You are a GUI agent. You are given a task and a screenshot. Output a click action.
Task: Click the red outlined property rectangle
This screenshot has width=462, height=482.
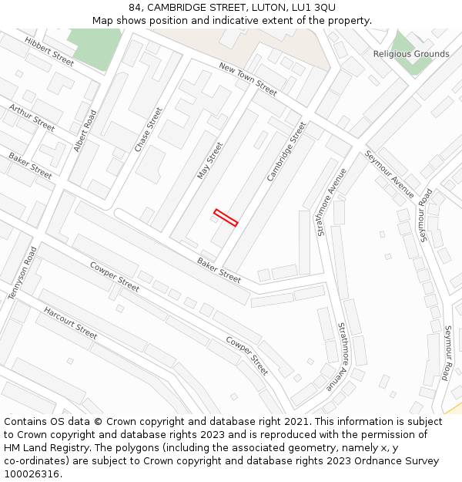click(x=226, y=217)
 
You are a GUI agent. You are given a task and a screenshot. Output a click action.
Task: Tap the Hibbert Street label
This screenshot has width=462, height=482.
click(x=49, y=50)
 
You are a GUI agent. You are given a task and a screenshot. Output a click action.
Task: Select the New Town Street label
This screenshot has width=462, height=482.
click(x=248, y=79)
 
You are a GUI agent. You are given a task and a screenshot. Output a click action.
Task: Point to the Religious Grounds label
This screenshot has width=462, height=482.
click(x=411, y=54)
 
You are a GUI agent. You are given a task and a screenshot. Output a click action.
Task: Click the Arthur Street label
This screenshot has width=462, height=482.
click(x=32, y=118)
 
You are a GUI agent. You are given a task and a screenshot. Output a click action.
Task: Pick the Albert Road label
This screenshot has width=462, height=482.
click(x=85, y=130)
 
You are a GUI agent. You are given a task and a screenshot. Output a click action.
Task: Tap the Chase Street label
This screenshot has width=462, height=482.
click(x=149, y=129)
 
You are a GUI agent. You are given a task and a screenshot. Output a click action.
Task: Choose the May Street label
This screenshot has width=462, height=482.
click(x=209, y=160)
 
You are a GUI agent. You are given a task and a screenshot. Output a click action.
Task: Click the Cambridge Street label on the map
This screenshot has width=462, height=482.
click(x=286, y=151)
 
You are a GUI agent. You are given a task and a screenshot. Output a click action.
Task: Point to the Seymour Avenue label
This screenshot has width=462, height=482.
click(x=390, y=174)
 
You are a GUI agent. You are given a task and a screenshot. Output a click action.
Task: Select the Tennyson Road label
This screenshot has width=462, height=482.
click(x=22, y=274)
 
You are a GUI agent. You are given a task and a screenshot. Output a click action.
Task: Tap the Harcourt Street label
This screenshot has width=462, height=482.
click(x=70, y=322)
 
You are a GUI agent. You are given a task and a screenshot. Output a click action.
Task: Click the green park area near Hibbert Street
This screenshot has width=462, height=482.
click(x=95, y=46)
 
